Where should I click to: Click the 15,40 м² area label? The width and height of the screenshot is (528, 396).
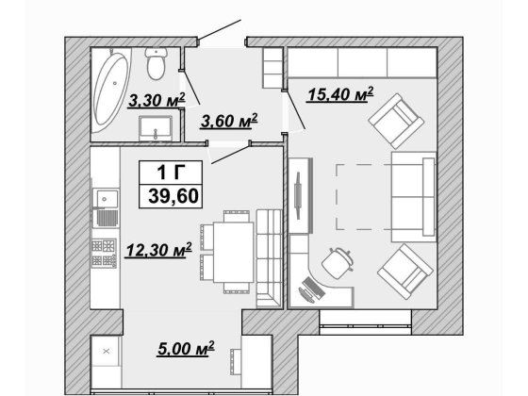pyautogui.click(x=340, y=94)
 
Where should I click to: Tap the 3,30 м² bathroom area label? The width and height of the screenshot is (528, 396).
pyautogui.click(x=157, y=100)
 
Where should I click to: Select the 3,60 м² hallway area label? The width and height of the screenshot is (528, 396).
pyautogui.click(x=229, y=121)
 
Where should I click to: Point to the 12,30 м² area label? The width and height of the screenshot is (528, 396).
pyautogui.click(x=158, y=250)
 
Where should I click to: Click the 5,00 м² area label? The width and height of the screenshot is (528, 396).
pyautogui.click(x=186, y=349)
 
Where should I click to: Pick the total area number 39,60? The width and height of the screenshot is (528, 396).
pyautogui.click(x=173, y=196)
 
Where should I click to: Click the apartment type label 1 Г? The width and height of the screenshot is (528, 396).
pyautogui.click(x=171, y=173)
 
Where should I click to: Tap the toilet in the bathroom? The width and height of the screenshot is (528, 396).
pyautogui.click(x=157, y=63)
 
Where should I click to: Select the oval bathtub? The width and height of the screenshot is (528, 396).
pyautogui.click(x=110, y=89)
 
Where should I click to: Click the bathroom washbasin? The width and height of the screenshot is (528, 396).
pyautogui.click(x=156, y=128)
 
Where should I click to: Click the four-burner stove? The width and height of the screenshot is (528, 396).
pyautogui.click(x=104, y=254)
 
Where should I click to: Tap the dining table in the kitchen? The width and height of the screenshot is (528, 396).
pyautogui.click(x=234, y=252)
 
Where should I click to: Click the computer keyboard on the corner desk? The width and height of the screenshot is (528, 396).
pyautogui.click(x=314, y=288)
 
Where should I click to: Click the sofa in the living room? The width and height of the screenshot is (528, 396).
pyautogui.click(x=414, y=197)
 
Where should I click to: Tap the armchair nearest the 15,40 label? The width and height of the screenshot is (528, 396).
pyautogui.click(x=396, y=121)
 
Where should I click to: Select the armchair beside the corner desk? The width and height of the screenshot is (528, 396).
pyautogui.click(x=405, y=272)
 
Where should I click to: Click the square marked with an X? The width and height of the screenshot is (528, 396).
pyautogui.click(x=106, y=351)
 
